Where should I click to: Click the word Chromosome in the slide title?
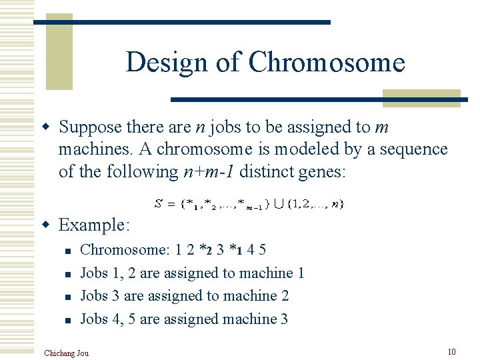[327, 63]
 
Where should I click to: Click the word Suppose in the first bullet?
[89, 127]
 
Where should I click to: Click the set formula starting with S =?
[249, 203]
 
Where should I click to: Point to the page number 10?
[451, 351]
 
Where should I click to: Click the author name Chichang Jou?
[66, 353]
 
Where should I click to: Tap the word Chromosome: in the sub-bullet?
[125, 250]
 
